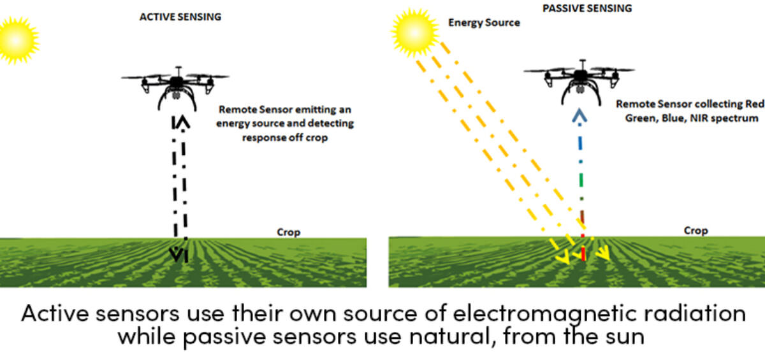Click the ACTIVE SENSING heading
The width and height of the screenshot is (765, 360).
pyautogui.click(x=180, y=17)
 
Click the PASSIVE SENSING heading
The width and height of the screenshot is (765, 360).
pyautogui.click(x=587, y=8)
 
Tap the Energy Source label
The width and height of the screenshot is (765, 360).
pyautogui.click(x=484, y=22)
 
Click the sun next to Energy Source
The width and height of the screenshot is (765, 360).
pyautogui.click(x=414, y=32)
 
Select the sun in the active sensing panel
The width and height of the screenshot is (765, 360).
pyautogui.click(x=17, y=40)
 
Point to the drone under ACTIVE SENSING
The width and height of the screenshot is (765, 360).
pyautogui.click(x=175, y=88)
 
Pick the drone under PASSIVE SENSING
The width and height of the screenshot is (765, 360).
pyautogui.click(x=579, y=82)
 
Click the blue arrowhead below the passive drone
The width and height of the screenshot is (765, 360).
pyautogui.click(x=579, y=115)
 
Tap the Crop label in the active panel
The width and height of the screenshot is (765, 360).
pyautogui.click(x=289, y=232)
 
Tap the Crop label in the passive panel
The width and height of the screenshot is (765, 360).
pyautogui.click(x=696, y=231)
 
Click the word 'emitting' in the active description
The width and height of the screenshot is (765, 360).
pyautogui.click(x=310, y=110)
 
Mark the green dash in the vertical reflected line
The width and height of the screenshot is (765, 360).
pyautogui.click(x=581, y=180)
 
